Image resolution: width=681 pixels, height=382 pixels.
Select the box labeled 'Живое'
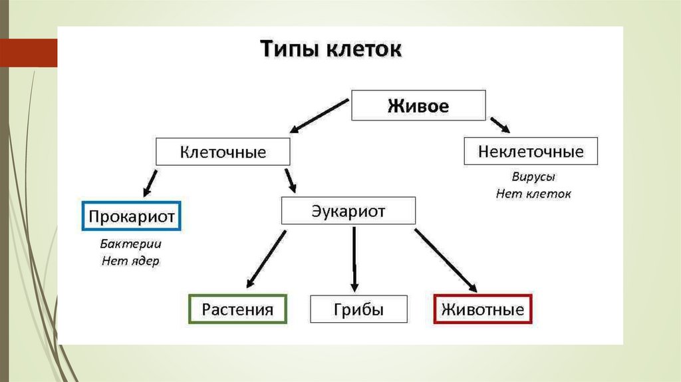point(418,106)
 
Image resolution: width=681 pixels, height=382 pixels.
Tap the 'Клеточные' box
point(223,152)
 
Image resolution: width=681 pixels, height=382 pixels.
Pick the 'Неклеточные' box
point(531,152)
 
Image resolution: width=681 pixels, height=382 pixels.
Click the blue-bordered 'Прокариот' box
point(132,216)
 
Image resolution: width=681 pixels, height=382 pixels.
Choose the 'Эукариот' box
point(348,211)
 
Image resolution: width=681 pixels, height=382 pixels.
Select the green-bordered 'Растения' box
point(238,309)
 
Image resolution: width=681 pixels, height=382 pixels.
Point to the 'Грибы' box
point(358,309)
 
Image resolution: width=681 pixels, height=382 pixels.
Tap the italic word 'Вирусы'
point(533,178)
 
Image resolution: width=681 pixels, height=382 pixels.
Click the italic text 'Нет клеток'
point(533,194)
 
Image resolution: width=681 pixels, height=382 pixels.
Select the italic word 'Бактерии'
point(131,244)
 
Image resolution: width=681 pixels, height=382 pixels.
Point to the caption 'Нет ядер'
point(131,261)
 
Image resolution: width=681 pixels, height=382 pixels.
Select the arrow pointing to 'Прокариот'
point(149,181)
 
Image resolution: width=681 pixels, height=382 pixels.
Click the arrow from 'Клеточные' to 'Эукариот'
point(290,180)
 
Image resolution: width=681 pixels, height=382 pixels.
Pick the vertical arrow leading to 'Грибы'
point(354,258)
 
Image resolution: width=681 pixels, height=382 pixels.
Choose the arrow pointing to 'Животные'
point(445,260)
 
